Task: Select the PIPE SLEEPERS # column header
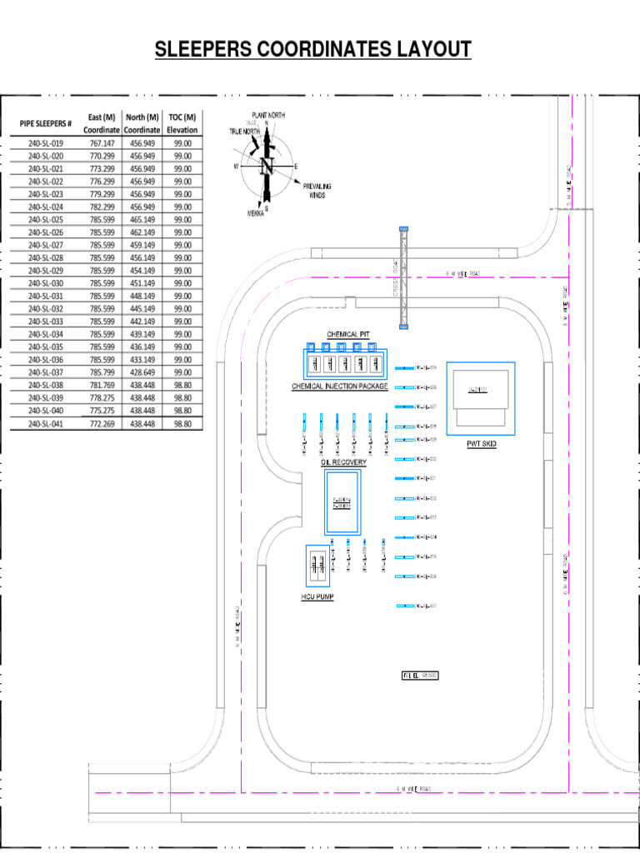pos(46,124)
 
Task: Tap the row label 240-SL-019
pos(46,143)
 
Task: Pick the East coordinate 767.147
pos(102,143)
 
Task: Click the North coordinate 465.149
pos(142,220)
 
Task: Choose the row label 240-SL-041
pos(46,424)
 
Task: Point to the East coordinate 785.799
pos(102,372)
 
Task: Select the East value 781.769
pos(102,386)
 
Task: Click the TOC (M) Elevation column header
pos(182,123)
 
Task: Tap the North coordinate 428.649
pos(142,372)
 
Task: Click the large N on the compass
pos(267,166)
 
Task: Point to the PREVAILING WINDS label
pos(317,191)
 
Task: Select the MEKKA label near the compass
pos(255,213)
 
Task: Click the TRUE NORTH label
pos(244,132)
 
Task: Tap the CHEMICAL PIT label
pos(348,334)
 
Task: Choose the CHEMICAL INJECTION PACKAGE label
pos(340,387)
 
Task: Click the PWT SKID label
pos(481,444)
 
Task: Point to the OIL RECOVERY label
pos(343,462)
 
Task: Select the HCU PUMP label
pos(317,597)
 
